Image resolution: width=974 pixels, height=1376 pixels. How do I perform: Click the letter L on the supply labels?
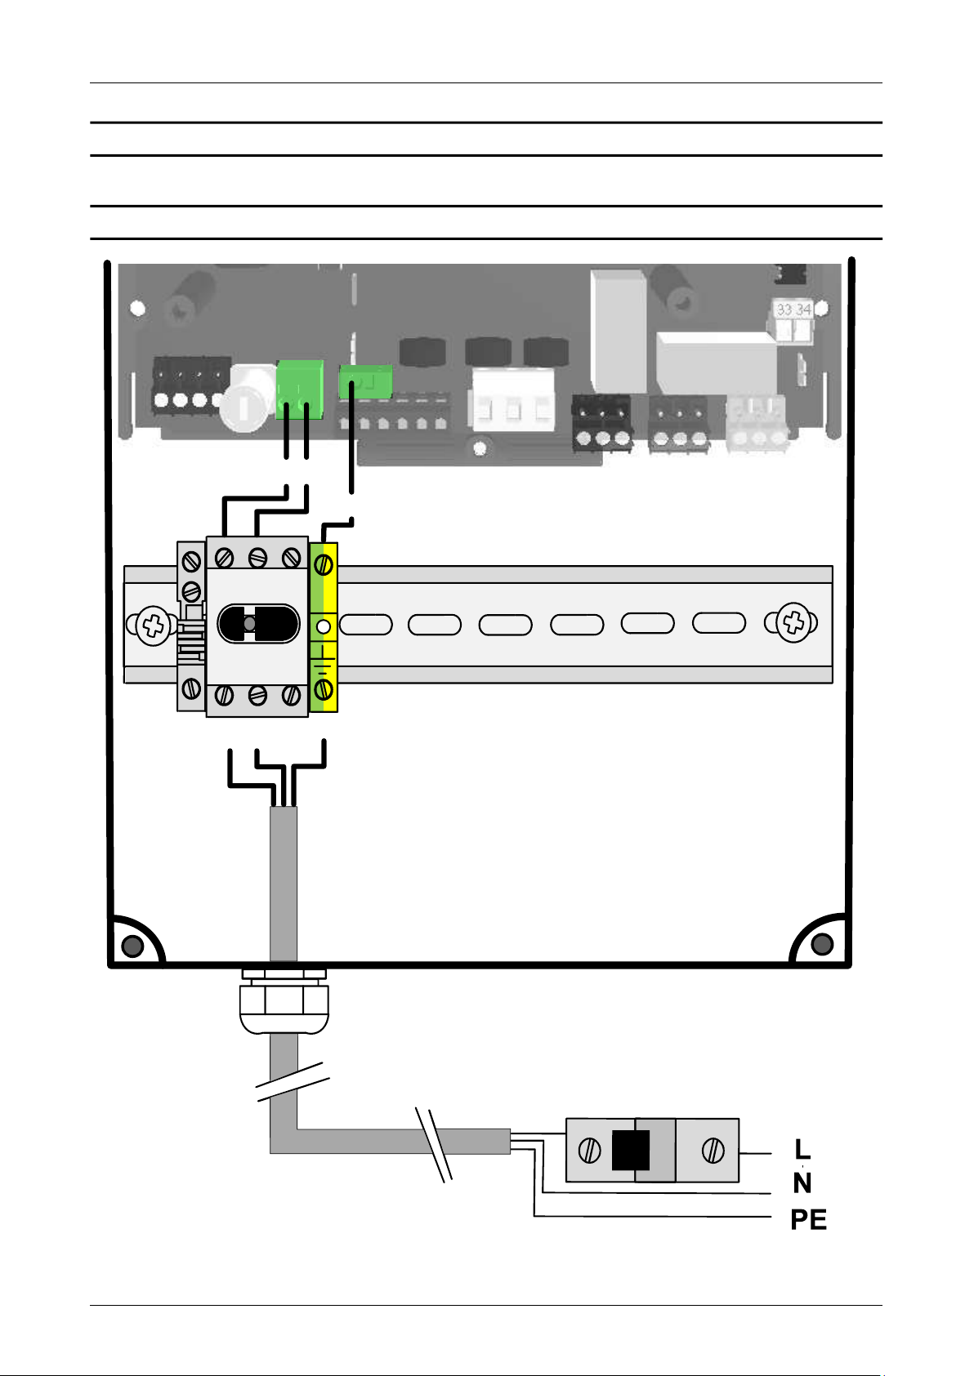(x=802, y=1149)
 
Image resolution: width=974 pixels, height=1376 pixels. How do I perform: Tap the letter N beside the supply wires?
(x=802, y=1183)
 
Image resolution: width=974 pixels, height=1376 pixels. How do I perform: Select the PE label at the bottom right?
(x=809, y=1220)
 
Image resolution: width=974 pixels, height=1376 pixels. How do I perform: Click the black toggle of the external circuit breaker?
(x=631, y=1150)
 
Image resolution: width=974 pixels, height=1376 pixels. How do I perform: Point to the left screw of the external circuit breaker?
(x=590, y=1150)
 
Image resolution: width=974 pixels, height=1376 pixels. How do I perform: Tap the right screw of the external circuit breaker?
(x=713, y=1150)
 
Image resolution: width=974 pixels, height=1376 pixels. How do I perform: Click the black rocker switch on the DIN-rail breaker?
(x=259, y=624)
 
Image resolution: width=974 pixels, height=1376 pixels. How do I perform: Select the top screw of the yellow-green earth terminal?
(x=324, y=564)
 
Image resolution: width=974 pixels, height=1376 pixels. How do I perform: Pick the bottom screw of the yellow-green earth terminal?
(x=324, y=690)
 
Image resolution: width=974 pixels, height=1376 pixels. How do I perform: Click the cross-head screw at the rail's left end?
(x=153, y=626)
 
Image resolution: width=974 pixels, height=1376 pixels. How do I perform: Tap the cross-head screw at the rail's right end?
(x=793, y=623)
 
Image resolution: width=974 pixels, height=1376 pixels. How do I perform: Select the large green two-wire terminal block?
(x=300, y=390)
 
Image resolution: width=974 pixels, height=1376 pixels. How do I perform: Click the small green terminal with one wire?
(x=365, y=382)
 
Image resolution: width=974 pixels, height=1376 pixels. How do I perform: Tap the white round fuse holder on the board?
(x=246, y=398)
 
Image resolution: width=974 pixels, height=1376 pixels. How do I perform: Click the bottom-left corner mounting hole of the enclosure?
(x=132, y=946)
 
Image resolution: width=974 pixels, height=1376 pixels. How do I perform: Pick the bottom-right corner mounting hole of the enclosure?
(x=822, y=944)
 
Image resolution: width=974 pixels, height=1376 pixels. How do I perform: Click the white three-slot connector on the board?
(x=512, y=400)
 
